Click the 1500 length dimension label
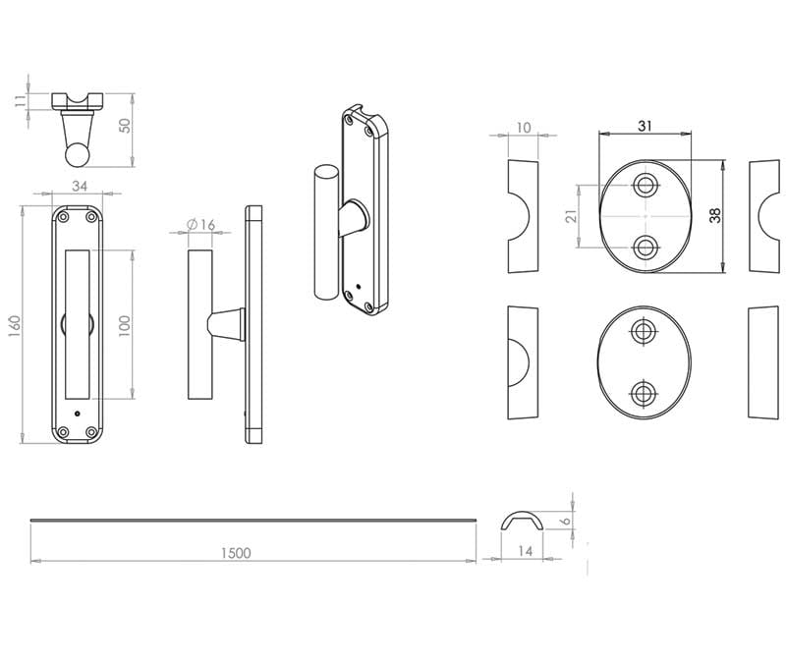tap(236, 553)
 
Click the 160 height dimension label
tap(13, 325)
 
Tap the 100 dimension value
tap(124, 325)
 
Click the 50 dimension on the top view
tap(124, 127)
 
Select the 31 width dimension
tap(645, 125)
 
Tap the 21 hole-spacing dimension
tap(571, 216)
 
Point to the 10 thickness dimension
tap(523, 128)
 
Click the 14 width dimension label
tap(524, 553)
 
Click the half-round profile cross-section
tap(523, 521)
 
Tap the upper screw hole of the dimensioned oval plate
tap(646, 185)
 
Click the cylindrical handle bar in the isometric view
tap(324, 232)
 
